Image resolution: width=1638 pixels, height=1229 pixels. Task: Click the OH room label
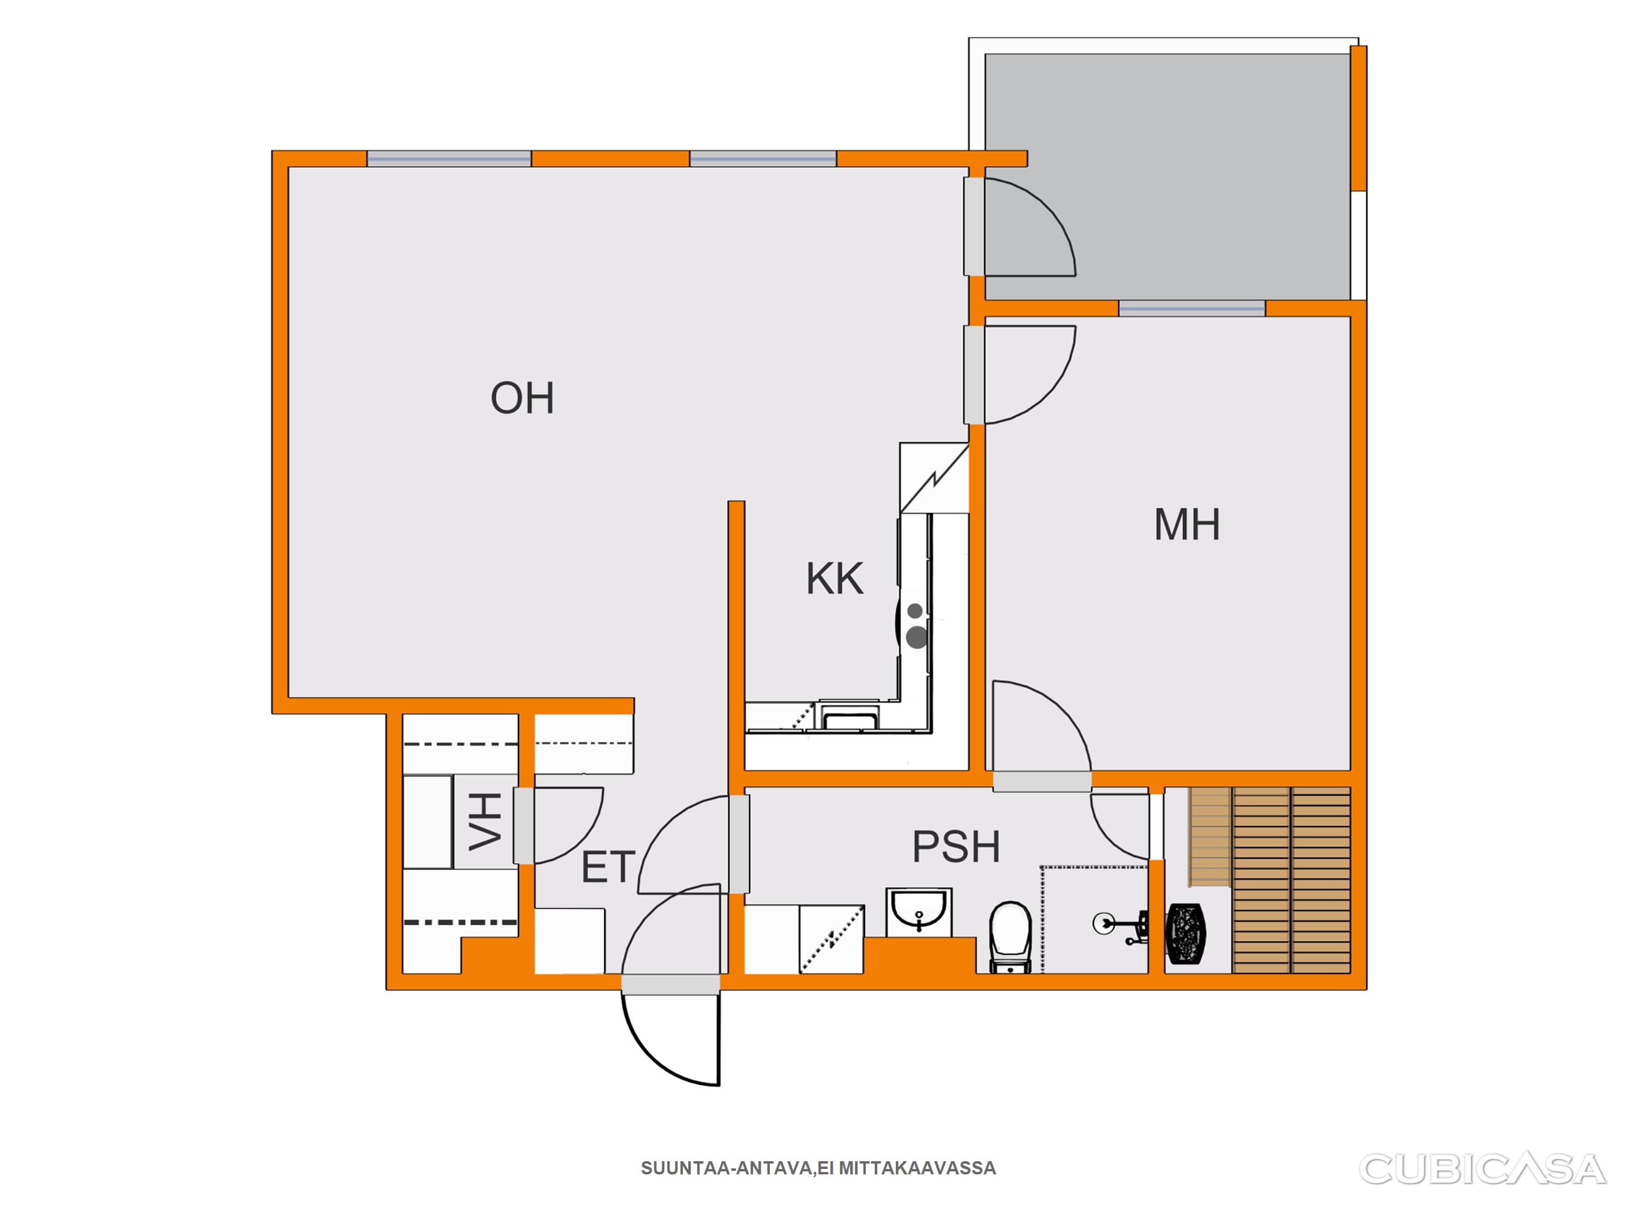522,398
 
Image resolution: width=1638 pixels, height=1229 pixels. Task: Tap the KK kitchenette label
835,578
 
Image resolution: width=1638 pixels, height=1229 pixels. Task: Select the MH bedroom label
1186,524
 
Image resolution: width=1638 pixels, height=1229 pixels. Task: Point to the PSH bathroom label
956,846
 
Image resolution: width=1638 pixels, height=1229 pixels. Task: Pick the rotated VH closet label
486,821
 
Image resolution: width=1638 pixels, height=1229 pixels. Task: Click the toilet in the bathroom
1010,936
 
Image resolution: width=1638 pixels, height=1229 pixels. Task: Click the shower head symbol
1103,923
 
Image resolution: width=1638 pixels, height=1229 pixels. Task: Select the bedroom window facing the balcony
1192,308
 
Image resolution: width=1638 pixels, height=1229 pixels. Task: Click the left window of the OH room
449,158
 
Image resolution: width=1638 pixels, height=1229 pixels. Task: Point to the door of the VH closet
559,825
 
